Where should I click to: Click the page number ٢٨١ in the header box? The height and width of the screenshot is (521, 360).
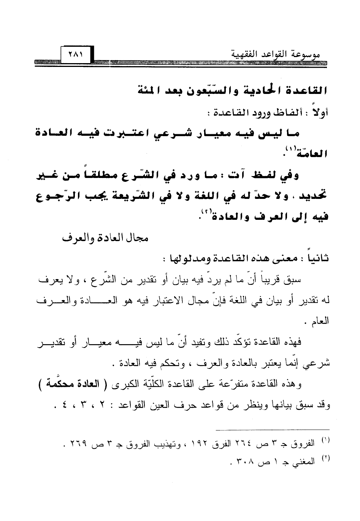click(x=75, y=55)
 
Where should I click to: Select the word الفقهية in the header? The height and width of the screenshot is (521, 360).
click(x=247, y=56)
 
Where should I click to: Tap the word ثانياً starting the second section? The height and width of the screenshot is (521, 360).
click(x=317, y=259)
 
